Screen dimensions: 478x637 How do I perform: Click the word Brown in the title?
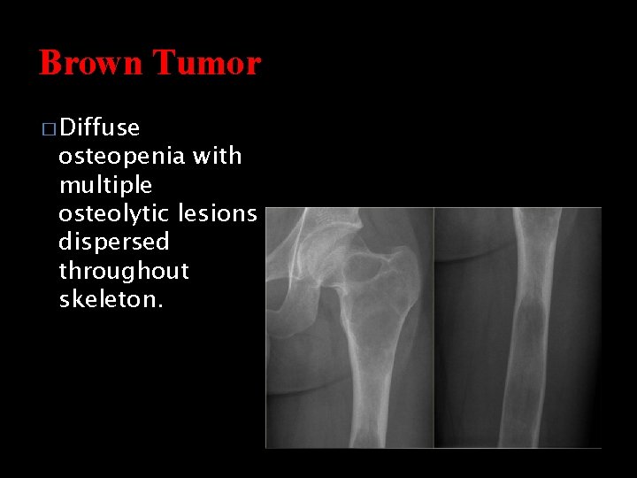90,63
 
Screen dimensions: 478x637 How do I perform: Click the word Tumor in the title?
206,63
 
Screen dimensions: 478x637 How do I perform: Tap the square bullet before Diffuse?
49,129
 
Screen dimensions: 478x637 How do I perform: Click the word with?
217,156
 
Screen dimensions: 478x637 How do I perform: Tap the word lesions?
218,213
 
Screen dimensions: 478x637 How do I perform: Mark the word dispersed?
113,242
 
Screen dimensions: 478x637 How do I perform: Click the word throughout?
124,271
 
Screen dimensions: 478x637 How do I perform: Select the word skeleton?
108,299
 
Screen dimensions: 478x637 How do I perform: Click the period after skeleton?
160,305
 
